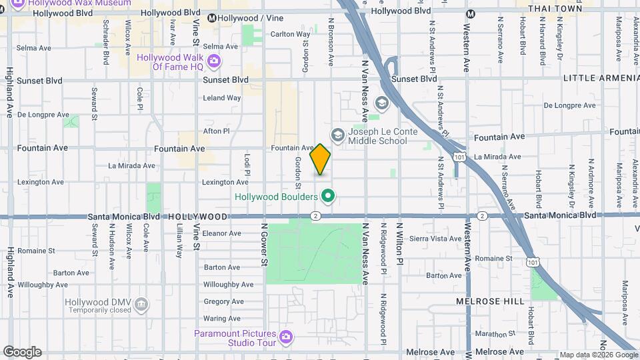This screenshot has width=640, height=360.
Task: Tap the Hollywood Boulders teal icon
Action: tap(327, 196)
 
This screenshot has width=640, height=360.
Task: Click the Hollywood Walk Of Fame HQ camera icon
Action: tap(214, 62)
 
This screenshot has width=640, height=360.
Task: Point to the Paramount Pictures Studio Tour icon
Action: tap(286, 338)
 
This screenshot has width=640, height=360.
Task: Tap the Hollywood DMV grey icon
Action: tap(141, 305)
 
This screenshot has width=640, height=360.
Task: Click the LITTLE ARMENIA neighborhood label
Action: tap(601, 78)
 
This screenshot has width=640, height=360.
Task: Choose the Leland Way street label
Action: tap(221, 97)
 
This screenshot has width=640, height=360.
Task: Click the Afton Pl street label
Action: tap(216, 131)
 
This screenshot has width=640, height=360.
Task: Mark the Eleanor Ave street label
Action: tap(221, 233)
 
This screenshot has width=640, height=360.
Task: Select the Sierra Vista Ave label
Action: tap(436, 238)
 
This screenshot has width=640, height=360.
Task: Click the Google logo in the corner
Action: tap(22, 352)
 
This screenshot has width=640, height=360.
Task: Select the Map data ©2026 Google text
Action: tap(599, 355)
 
